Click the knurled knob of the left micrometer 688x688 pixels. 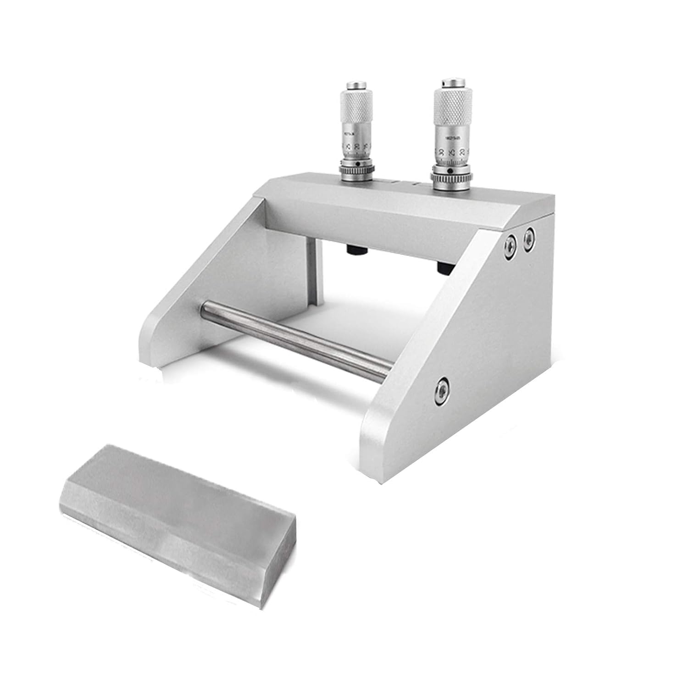point(352,104)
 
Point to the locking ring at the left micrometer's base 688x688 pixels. point(352,170)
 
